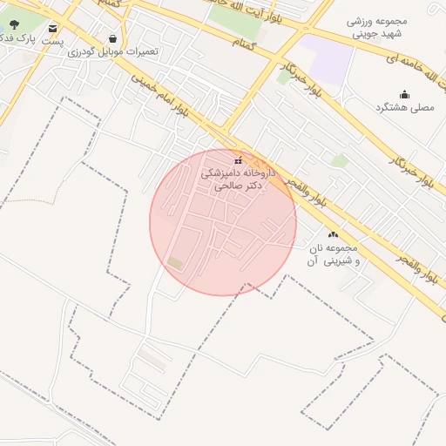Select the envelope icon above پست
54,29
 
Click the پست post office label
55,41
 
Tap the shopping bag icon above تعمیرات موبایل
113,38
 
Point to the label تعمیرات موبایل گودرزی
113,51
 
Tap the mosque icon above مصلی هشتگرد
404,94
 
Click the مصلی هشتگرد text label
404,107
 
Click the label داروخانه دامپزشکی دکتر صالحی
237,179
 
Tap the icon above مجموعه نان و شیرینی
332,234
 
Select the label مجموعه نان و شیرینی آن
332,254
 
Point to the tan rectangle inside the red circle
176,262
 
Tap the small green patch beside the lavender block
283,77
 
